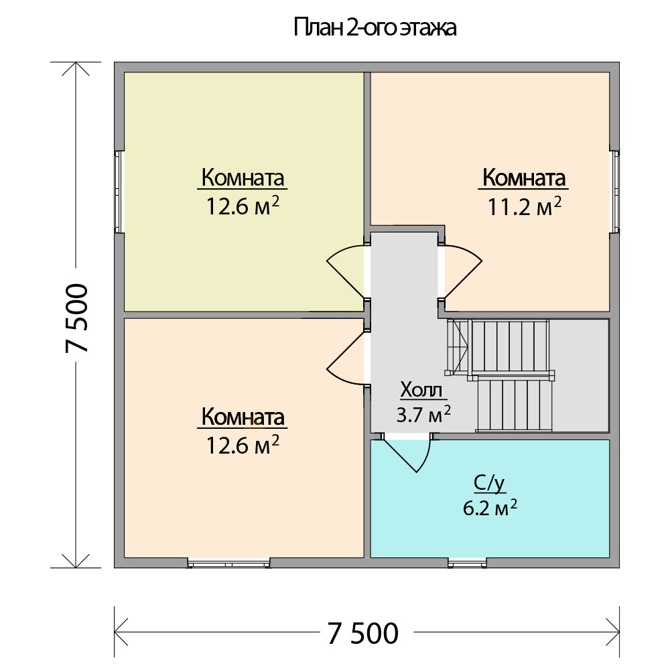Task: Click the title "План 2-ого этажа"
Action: click(375, 27)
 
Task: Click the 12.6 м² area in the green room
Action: click(243, 206)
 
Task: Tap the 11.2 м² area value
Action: click(524, 207)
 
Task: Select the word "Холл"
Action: click(421, 389)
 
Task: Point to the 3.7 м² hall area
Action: click(423, 413)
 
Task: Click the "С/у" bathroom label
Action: click(489, 483)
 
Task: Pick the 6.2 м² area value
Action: click(490, 508)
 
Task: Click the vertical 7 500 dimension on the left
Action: click(77, 318)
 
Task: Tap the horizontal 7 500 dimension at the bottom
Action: click(363, 633)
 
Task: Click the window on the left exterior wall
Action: click(119, 192)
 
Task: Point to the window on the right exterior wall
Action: click(614, 192)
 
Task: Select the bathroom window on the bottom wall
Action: click(468, 563)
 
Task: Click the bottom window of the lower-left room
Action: click(229, 563)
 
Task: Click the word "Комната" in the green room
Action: click(243, 178)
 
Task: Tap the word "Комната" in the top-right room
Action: click(523, 178)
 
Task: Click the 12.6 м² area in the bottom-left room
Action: click(243, 446)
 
